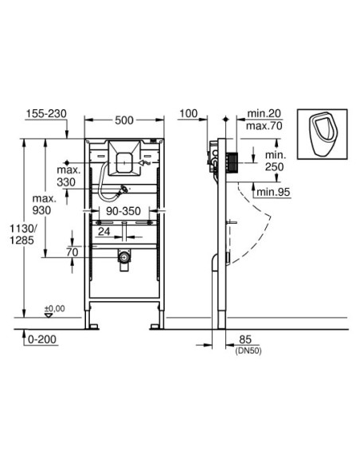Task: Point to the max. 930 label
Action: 45,203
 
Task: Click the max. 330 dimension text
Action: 80,176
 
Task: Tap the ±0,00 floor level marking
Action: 54,307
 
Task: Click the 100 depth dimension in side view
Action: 189,115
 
